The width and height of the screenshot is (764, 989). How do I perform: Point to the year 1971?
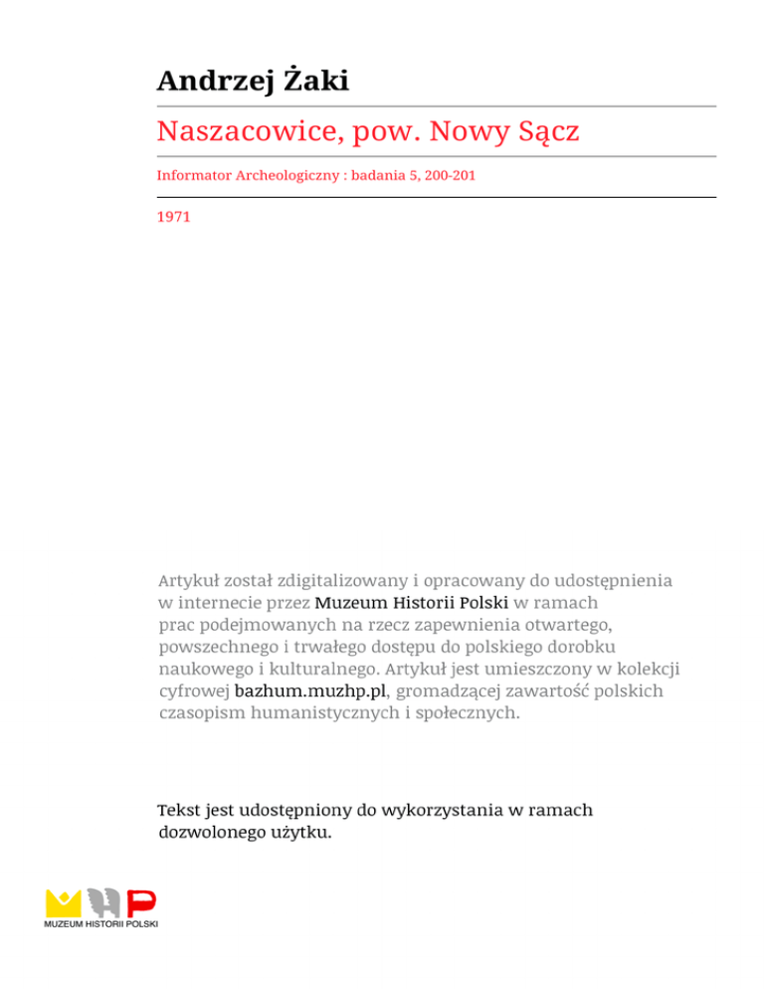[x=173, y=214]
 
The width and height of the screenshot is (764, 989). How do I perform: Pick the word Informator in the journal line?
[x=194, y=177]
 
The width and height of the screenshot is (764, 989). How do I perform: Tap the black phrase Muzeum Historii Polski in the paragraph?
[x=412, y=602]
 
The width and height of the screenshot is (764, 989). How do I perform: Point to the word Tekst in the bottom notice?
[x=181, y=810]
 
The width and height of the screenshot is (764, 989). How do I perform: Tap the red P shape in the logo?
[x=141, y=903]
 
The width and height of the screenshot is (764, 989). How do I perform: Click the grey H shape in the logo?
[x=103, y=902]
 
